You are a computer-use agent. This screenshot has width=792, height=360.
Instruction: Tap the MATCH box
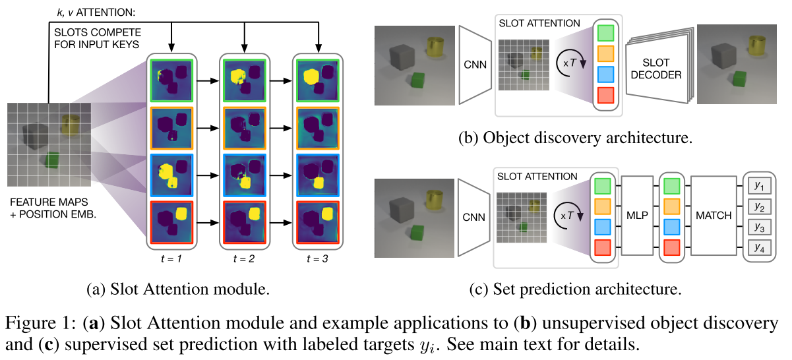(x=714, y=216)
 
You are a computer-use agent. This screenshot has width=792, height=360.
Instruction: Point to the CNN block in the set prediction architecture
(x=475, y=215)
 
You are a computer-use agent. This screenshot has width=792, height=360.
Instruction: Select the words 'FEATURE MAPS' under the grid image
(x=42, y=202)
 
